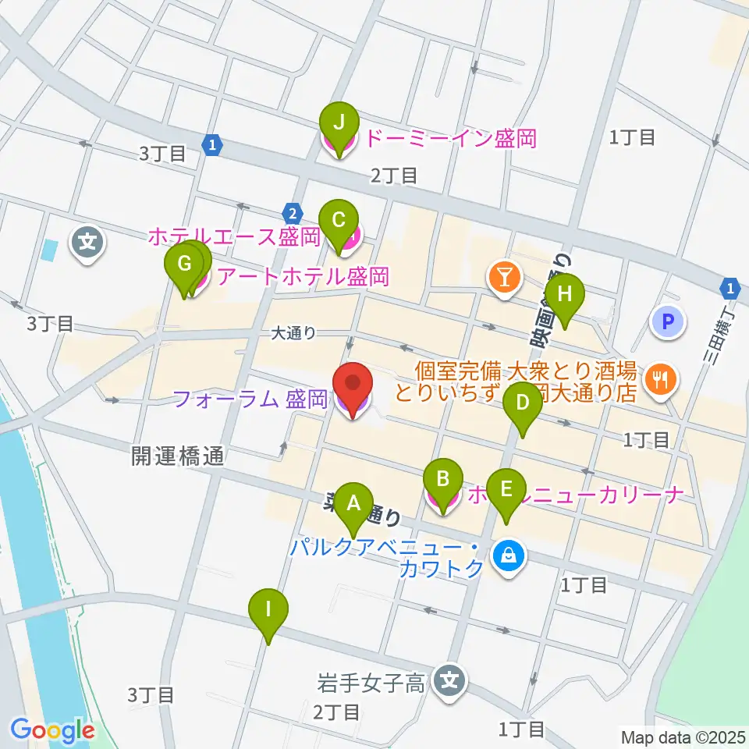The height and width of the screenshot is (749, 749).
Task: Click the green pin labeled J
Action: [x=339, y=122]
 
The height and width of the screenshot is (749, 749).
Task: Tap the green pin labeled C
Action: [x=339, y=220]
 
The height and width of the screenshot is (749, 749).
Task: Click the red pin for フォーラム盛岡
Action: [x=353, y=384]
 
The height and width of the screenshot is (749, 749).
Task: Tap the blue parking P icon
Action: [x=667, y=320]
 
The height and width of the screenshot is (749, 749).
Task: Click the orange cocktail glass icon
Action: [x=502, y=276]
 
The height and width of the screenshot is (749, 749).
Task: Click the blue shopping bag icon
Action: [x=509, y=556]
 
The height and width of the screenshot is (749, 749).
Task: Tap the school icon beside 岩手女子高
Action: [x=449, y=680]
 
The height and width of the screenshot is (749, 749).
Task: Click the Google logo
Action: [x=52, y=730]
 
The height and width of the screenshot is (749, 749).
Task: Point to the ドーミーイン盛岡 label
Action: [x=451, y=140]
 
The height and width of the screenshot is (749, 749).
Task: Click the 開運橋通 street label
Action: [x=178, y=456]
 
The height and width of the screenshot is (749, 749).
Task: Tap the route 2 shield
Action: [x=292, y=212]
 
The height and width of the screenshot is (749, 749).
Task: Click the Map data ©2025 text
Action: [x=683, y=736]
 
